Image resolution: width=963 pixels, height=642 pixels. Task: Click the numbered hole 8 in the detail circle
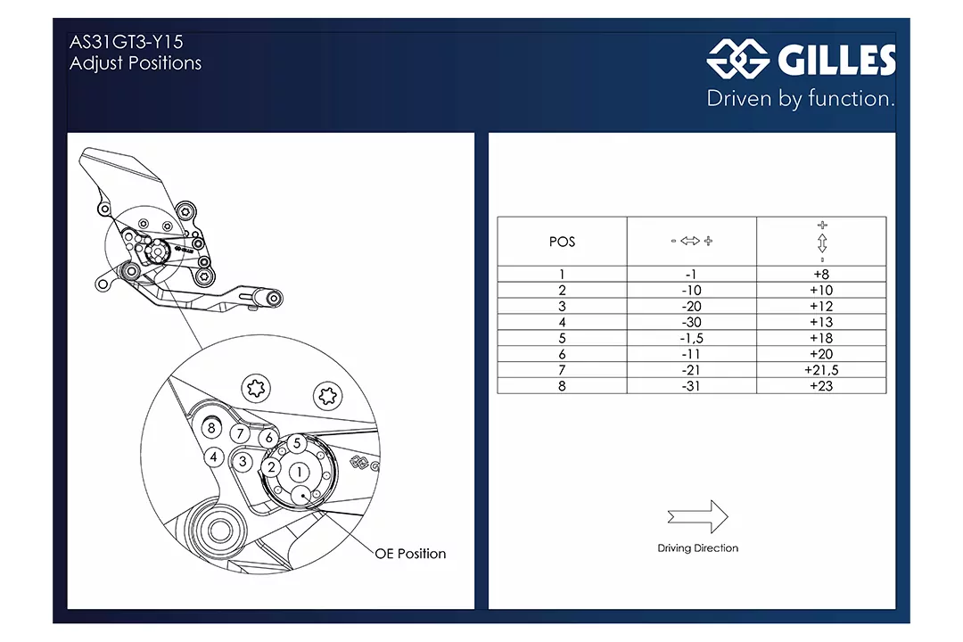point(211,428)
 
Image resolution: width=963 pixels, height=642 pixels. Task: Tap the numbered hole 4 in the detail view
point(214,457)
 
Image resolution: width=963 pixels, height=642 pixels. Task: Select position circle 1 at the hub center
point(299,472)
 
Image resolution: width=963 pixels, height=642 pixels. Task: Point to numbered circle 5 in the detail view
point(297,443)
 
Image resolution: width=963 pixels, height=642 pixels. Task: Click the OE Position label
point(410,554)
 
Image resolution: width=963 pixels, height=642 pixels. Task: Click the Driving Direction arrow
point(697,516)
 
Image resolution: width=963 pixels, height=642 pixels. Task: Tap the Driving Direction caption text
point(697,548)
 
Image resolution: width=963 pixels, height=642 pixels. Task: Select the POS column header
point(562,242)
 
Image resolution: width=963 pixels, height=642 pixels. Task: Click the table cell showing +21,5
point(821,370)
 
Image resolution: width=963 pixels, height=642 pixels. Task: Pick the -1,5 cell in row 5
point(692,338)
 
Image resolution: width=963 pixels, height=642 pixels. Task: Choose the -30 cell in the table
point(692,322)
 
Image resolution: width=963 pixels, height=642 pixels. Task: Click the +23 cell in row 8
point(821,386)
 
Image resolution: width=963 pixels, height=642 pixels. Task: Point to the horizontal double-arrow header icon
point(691,241)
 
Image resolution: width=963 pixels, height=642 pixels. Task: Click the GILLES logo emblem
point(738,59)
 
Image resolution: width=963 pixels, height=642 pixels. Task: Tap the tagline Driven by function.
point(801,98)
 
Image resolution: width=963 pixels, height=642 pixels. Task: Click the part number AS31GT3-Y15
point(127,42)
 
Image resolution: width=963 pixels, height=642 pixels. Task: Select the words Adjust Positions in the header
point(136,63)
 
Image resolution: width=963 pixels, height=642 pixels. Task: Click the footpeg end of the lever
point(274,299)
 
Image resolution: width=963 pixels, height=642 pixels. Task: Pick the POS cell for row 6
point(562,354)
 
